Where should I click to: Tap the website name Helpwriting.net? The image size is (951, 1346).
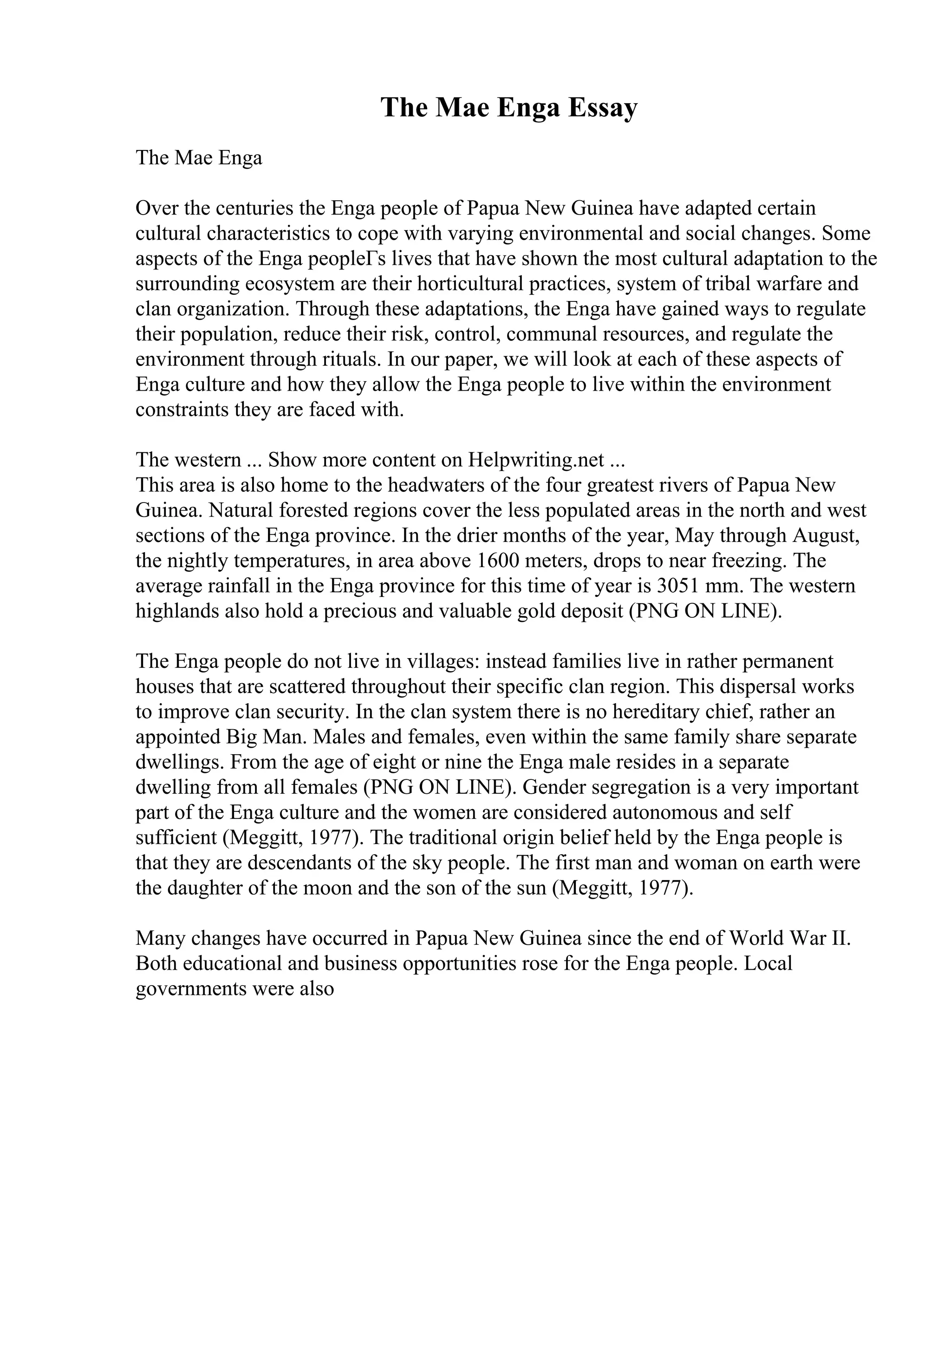coord(535,460)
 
